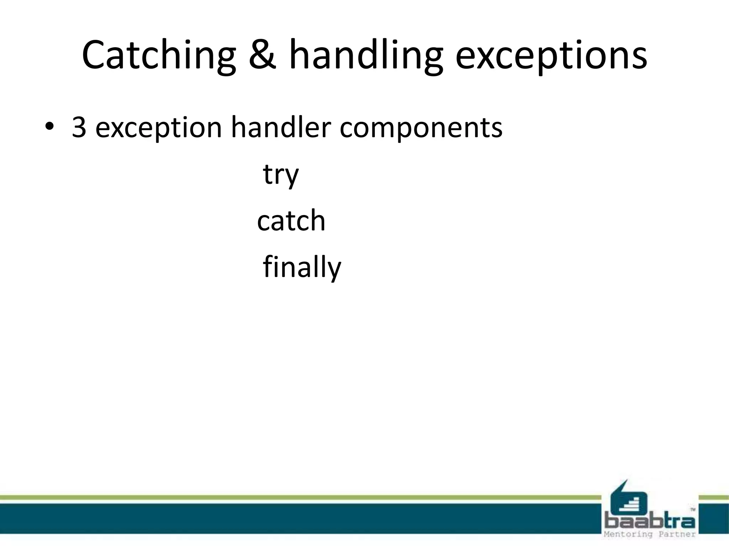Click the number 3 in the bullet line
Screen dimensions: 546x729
coord(79,127)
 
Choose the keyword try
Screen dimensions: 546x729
coord(281,175)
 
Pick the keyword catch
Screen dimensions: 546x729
coord(291,220)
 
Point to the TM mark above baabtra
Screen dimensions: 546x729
coord(692,509)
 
